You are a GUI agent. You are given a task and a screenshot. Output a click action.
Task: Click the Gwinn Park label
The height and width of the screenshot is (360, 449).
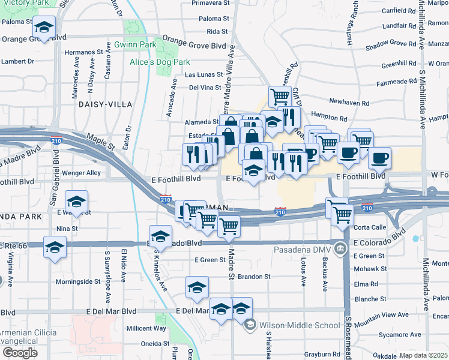[x=135, y=45]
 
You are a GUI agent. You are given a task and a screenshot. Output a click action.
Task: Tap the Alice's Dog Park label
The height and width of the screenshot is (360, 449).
[x=160, y=62]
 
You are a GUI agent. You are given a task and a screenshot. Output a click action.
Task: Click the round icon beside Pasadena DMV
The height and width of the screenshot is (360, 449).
[x=340, y=248]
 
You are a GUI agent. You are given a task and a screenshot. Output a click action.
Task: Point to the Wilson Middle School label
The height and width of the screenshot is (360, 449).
[x=300, y=326]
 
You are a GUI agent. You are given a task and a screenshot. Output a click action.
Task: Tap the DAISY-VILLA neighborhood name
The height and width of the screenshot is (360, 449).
[x=104, y=104]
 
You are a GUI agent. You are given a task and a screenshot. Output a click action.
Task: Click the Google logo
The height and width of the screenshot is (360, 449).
[x=19, y=352]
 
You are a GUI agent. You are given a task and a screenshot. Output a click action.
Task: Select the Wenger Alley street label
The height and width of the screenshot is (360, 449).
[x=85, y=172]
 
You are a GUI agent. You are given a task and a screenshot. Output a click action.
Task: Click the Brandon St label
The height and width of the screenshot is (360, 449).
[x=255, y=277]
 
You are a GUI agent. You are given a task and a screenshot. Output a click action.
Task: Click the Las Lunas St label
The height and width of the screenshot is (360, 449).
[x=203, y=75]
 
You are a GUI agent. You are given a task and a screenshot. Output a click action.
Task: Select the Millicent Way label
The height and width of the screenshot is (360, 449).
[x=146, y=328]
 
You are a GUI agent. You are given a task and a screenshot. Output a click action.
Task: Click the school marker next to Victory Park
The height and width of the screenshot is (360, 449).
[x=44, y=27]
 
